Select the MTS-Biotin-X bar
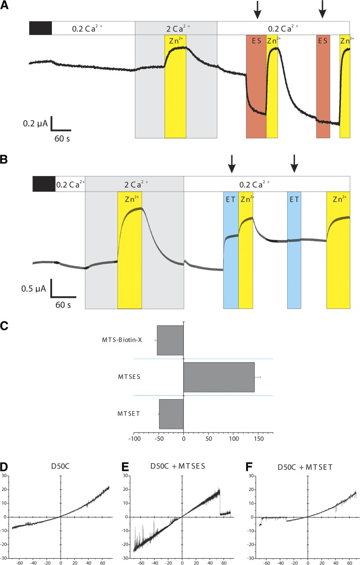[170, 340]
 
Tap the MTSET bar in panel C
[171, 414]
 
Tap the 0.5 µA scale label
[34, 289]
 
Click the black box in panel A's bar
[40, 28]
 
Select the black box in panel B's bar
[44, 184]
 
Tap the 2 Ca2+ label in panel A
[176, 28]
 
